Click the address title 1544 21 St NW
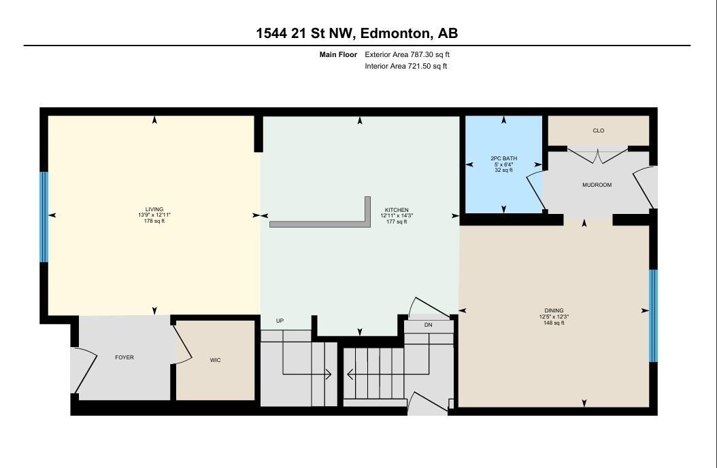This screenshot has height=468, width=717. tap(357, 33)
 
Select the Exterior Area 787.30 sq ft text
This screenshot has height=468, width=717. tap(407, 54)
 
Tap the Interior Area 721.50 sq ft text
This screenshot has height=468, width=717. tap(405, 67)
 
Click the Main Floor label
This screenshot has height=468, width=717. tap(338, 54)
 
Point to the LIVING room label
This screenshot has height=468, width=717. tap(154, 209)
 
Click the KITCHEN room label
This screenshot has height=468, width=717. tap(397, 210)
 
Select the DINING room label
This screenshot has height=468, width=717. tap(554, 310)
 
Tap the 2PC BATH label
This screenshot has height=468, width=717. tap(503, 158)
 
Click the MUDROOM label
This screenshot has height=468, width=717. tap(597, 185)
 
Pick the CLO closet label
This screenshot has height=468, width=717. tap(599, 130)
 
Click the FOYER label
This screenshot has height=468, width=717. tap(124, 357)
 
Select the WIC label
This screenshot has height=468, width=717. tap(215, 360)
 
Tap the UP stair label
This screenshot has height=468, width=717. tap(280, 321)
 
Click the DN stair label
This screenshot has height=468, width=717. tap(428, 325)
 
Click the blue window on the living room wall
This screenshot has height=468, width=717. tap(44, 217)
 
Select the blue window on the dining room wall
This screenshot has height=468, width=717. tap(653, 316)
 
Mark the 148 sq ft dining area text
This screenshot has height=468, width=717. tap(554, 323)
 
